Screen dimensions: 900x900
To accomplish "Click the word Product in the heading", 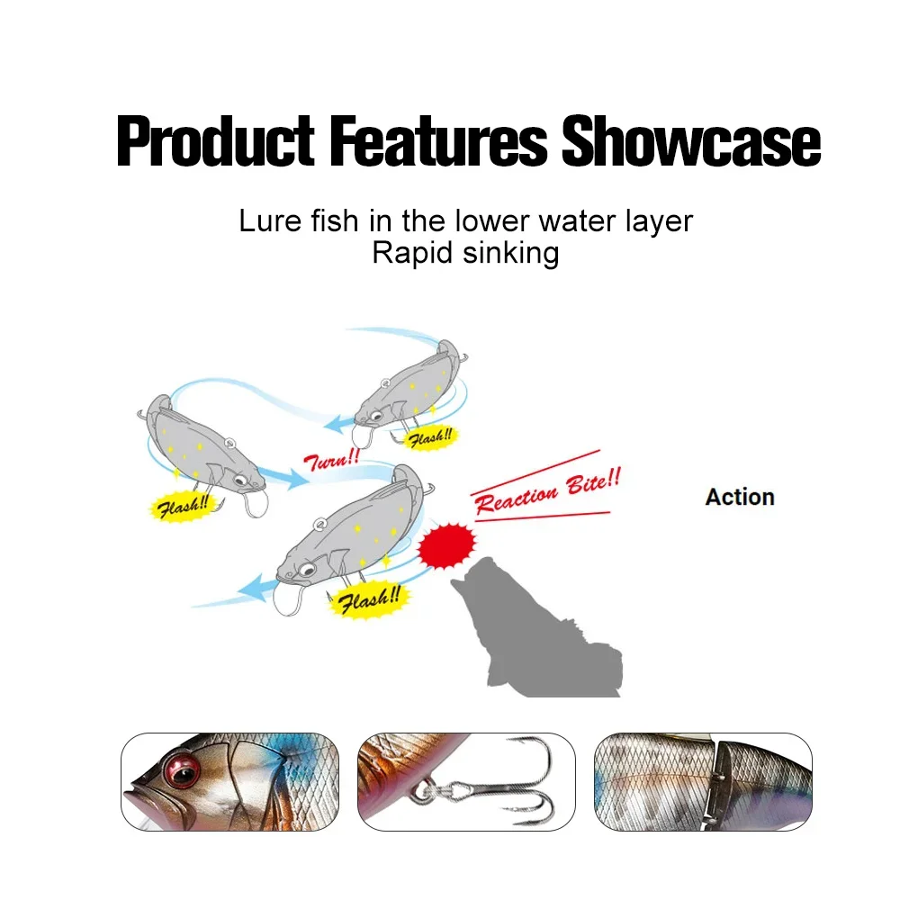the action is pyautogui.click(x=215, y=141).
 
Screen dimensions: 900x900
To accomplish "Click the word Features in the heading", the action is pyautogui.click(x=438, y=140).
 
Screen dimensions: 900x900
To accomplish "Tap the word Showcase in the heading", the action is pyautogui.click(x=691, y=140).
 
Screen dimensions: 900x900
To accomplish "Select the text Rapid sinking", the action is pyautogui.click(x=465, y=253).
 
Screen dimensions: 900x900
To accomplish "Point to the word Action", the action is pyautogui.click(x=740, y=497).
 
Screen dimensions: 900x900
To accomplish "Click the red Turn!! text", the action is pyautogui.click(x=332, y=460).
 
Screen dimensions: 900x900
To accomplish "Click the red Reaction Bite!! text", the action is pyautogui.click(x=547, y=490).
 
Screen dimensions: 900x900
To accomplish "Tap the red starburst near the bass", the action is pyautogui.click(x=446, y=545).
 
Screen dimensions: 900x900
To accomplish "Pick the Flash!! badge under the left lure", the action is pyautogui.click(x=182, y=507).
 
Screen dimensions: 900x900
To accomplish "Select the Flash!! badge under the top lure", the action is pyautogui.click(x=430, y=438).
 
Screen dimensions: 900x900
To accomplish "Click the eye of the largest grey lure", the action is pyautogui.click(x=307, y=570).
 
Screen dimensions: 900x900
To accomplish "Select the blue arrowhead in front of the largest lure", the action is pyautogui.click(x=255, y=587).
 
